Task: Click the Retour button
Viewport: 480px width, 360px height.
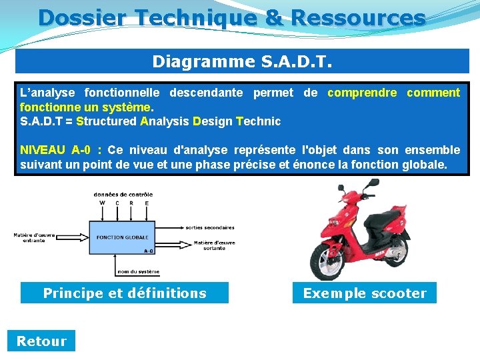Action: pos(41,341)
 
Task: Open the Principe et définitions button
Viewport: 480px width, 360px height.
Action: pos(125,293)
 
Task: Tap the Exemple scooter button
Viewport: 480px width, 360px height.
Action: pos(365,293)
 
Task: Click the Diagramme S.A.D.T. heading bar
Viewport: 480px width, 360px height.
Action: pos(242,61)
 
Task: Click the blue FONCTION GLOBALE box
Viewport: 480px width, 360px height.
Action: pos(122,237)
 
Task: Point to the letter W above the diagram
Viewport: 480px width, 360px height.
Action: pos(102,203)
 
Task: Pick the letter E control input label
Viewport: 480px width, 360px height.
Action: pos(147,203)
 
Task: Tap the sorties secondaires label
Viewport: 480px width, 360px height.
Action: pos(209,227)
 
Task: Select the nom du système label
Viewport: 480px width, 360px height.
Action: pos(138,271)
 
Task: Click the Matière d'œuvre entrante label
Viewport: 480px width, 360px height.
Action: pos(34,237)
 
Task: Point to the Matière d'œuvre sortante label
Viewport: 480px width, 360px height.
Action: pos(215,245)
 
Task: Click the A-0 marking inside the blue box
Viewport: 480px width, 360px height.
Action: pos(148,251)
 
